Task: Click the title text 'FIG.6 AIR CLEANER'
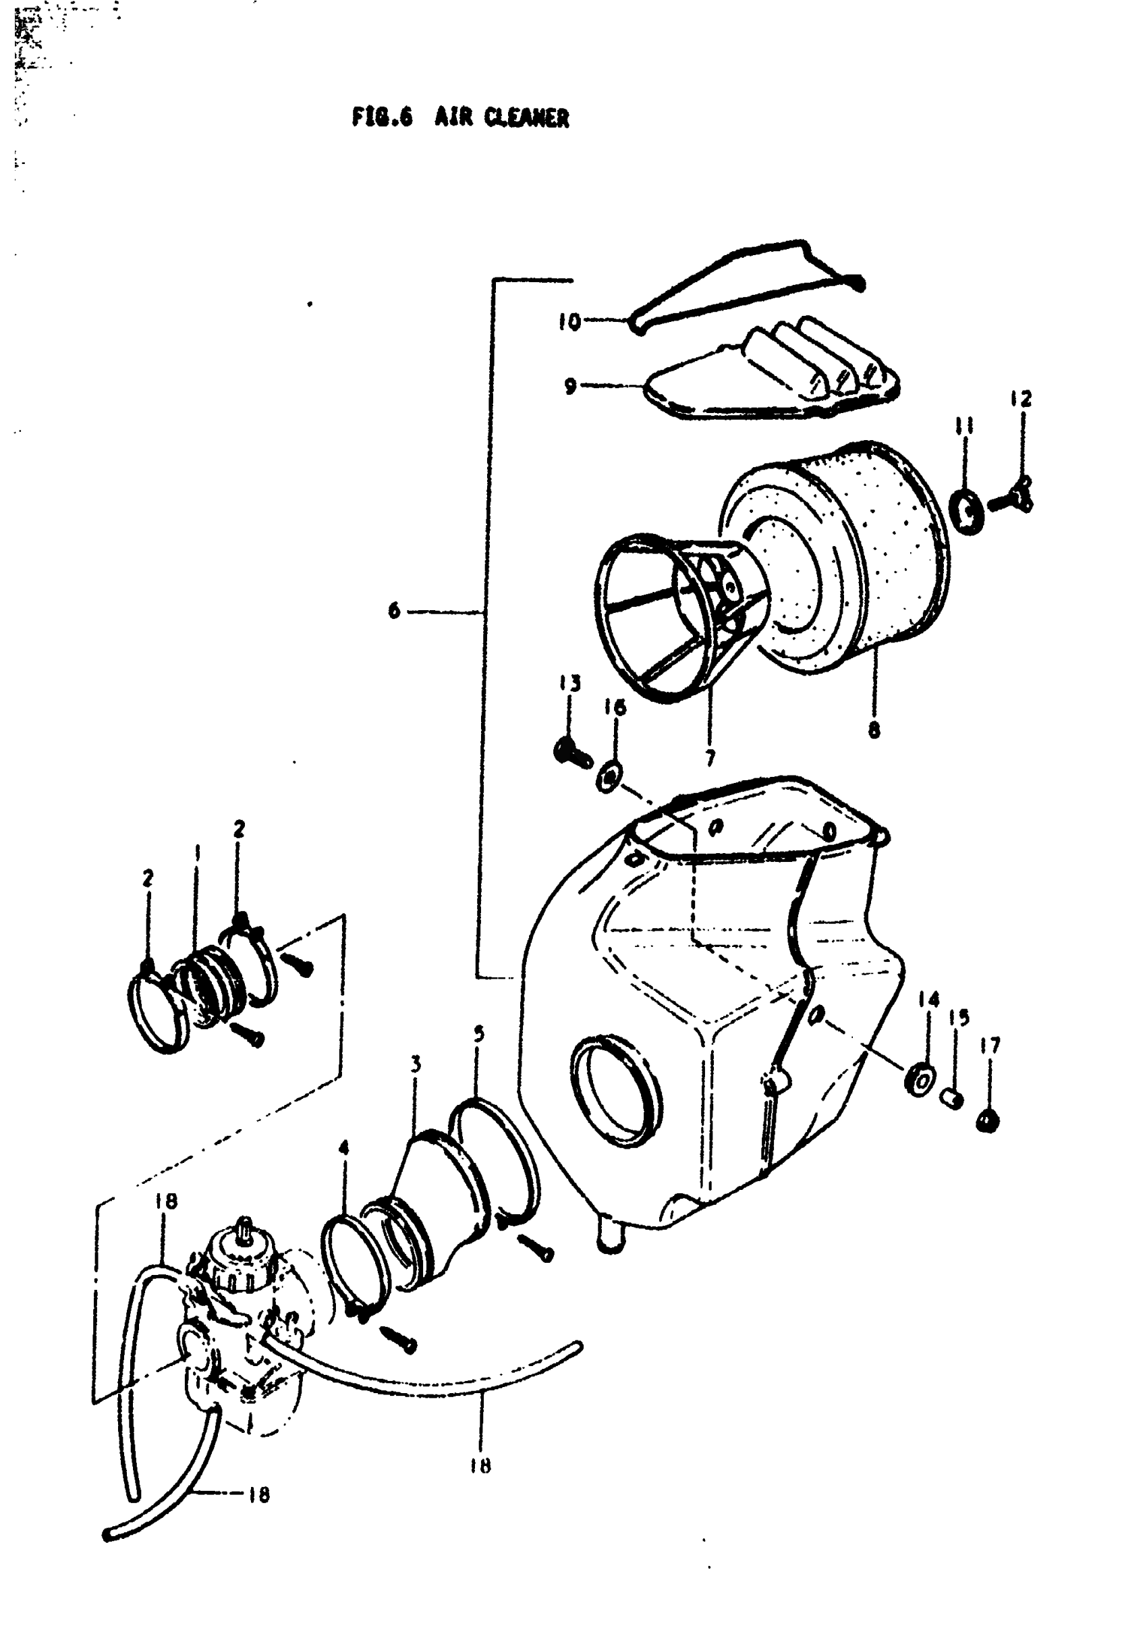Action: point(460,117)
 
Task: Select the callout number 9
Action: point(570,387)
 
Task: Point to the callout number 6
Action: point(395,610)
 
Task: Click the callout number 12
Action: point(1022,399)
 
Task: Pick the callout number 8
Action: point(874,730)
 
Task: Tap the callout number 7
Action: point(710,758)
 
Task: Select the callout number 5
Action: point(479,1033)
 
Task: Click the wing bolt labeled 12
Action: point(1013,497)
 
